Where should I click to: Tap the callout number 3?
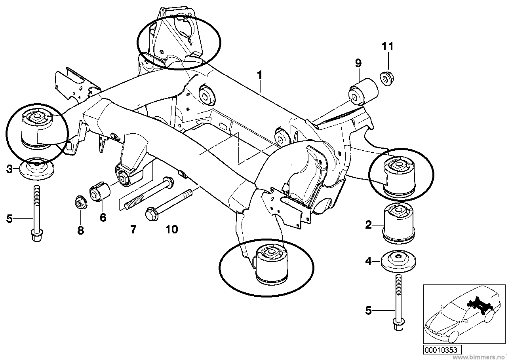coord(9,169)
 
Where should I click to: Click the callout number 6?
coord(103,218)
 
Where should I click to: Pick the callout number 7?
coord(133,229)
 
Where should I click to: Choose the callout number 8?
coord(81,230)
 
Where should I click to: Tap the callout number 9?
coord(358,63)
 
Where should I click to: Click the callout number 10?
coord(172,229)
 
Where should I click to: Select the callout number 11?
coord(388,47)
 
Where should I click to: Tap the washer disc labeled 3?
coord(36,169)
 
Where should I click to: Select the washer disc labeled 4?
coord(398,261)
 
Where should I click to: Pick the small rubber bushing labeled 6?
coord(100,191)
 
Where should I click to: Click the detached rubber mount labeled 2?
coord(398,224)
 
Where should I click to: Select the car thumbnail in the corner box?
coord(462,314)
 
